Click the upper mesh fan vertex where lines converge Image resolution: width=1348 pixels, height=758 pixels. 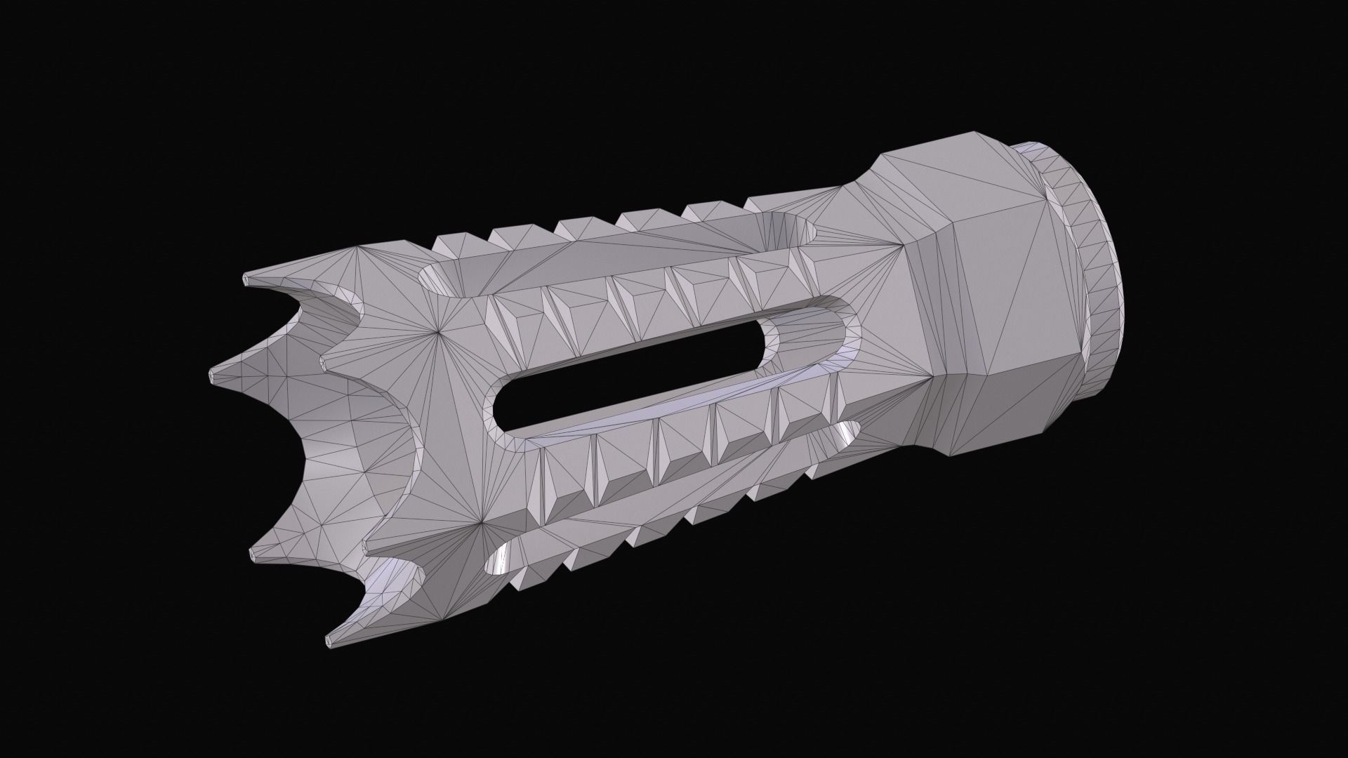438,331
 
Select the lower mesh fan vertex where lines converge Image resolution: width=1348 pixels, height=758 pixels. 482,523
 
